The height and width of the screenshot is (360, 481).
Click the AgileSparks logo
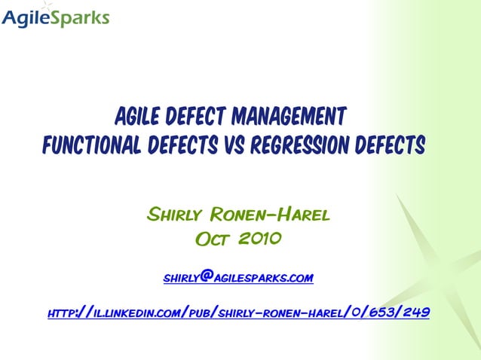click(x=55, y=17)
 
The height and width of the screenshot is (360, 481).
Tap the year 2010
click(x=259, y=239)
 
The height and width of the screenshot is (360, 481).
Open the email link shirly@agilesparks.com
click(x=237, y=279)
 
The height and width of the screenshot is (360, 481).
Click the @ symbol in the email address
click(x=201, y=278)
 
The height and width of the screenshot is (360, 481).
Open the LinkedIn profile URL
click(x=237, y=312)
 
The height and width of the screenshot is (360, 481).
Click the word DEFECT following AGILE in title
click(x=192, y=117)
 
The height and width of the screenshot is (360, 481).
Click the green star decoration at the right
click(x=422, y=226)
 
